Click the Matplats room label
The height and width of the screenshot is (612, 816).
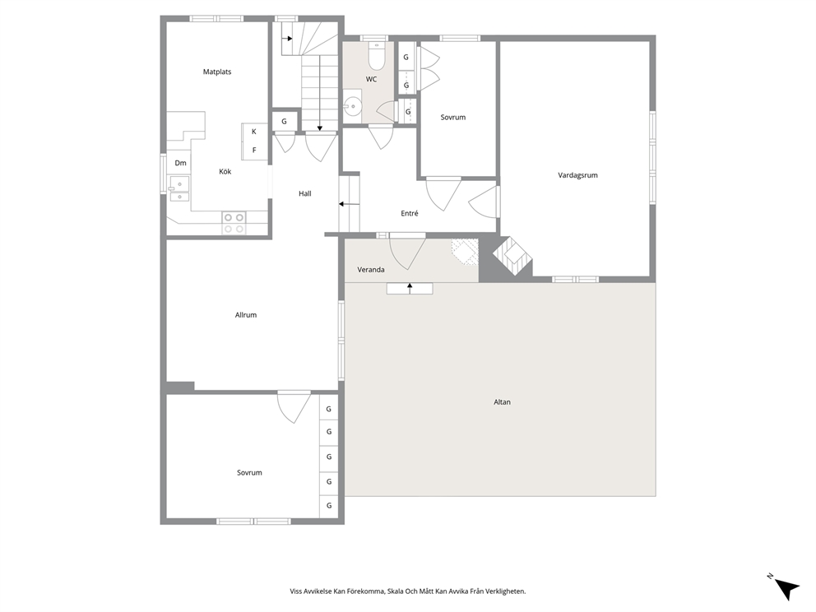(217, 72)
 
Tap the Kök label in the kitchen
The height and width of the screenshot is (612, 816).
(225, 171)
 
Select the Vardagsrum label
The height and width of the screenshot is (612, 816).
(577, 175)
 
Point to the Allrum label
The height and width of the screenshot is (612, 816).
(246, 315)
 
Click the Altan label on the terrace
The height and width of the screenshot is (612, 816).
(503, 402)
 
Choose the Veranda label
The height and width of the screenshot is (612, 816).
(371, 270)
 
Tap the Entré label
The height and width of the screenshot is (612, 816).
(410, 213)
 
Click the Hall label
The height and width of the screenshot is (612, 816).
(305, 193)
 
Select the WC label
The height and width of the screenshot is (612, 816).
(371, 79)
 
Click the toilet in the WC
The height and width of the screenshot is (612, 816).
(376, 56)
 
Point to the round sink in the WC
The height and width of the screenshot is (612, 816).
(354, 106)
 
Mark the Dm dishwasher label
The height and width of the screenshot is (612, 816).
(181, 163)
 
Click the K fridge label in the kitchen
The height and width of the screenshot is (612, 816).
(254, 132)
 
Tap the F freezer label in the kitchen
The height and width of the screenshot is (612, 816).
(254, 151)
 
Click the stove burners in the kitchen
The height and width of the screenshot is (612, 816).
(234, 223)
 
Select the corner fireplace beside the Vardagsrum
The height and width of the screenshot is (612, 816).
(512, 256)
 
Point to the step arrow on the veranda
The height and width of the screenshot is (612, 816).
(410, 288)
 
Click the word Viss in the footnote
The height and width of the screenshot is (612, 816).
(296, 591)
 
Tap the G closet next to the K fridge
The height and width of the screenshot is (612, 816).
(284, 122)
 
